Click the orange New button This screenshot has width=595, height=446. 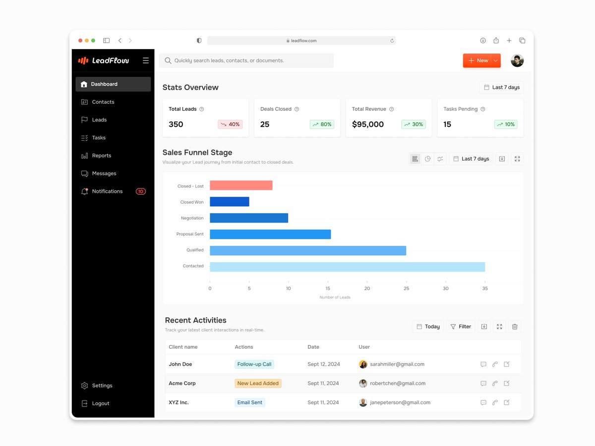tap(478, 60)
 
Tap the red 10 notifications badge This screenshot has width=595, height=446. tap(141, 191)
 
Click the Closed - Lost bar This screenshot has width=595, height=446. tap(241, 185)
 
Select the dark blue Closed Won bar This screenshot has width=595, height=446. tap(230, 202)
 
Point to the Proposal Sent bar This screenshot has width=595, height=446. tap(270, 234)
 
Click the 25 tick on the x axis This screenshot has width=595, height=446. tap(406, 288)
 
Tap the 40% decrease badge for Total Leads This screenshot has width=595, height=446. tap(230, 124)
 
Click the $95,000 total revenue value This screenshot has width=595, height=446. tap(367, 124)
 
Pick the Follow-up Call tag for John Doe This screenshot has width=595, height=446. tap(254, 364)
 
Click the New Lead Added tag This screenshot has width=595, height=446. tap(258, 383)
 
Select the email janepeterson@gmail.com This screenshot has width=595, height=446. tap(400, 402)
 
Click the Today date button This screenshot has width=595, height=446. tap(428, 327)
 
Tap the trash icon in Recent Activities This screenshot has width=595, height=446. tap(515, 327)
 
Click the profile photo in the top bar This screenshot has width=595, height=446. tap(517, 60)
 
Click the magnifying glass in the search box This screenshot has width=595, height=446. tap(168, 60)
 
